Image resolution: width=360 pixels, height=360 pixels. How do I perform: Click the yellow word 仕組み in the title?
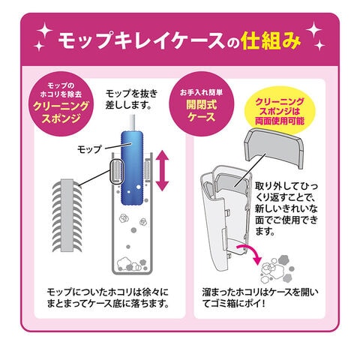click(x=271, y=40)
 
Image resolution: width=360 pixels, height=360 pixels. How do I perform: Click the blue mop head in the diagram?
click(x=132, y=167)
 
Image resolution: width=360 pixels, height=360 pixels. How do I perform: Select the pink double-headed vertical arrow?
click(x=163, y=170)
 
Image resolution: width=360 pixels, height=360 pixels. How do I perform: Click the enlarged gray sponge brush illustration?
click(x=67, y=215)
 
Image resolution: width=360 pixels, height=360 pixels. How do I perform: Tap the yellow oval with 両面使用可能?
click(x=280, y=111)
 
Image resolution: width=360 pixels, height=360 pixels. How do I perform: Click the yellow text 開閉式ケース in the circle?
click(x=202, y=111)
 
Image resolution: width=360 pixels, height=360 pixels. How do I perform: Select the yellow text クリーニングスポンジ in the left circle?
click(x=61, y=112)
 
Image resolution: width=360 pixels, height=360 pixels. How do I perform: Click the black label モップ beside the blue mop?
click(x=89, y=149)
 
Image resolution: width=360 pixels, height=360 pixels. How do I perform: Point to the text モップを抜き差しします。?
click(x=131, y=99)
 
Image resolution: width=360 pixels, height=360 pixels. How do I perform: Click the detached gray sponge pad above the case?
click(x=273, y=148)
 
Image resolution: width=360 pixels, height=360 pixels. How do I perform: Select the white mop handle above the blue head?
click(x=132, y=122)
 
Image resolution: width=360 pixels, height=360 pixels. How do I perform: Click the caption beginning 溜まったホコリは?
click(x=260, y=298)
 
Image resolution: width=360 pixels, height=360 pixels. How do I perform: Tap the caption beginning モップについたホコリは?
click(x=108, y=298)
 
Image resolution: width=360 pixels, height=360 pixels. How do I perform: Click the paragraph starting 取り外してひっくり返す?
click(x=286, y=208)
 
